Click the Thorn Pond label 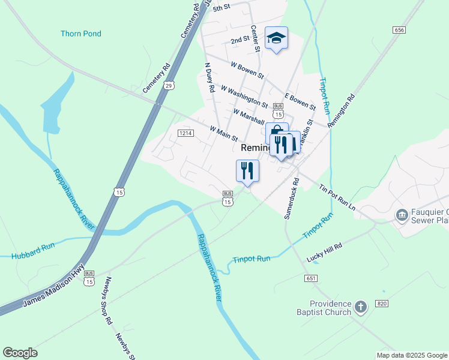coord(81,34)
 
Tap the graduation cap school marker coord(276,38)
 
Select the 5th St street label coord(221,7)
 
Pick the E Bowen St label coord(300,101)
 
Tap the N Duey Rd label coord(209,77)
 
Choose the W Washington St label coord(244,96)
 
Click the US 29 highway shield coord(170,86)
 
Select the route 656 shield coord(399,29)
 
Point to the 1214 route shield coord(185,133)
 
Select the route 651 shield coord(310,278)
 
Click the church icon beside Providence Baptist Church coord(360,308)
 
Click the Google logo coord(20,352)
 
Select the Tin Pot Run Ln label coord(337,196)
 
